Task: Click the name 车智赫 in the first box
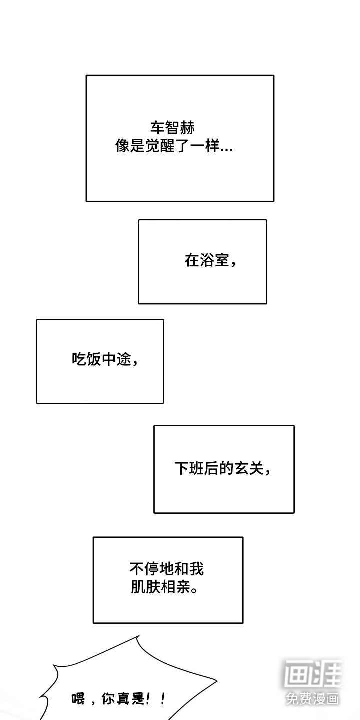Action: click(x=172, y=128)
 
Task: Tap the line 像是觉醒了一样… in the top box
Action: click(x=173, y=147)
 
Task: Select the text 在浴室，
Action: click(x=210, y=261)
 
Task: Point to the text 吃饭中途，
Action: click(x=105, y=359)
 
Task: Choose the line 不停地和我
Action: click(x=167, y=569)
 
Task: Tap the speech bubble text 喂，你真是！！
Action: click(x=119, y=698)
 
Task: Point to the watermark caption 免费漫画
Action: click(x=313, y=698)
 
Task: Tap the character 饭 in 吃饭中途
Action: click(x=94, y=359)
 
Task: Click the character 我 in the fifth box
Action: click(x=197, y=569)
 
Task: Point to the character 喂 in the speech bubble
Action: click(x=79, y=699)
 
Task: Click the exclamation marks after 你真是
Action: click(x=157, y=698)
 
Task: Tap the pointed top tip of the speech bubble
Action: click(x=138, y=636)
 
